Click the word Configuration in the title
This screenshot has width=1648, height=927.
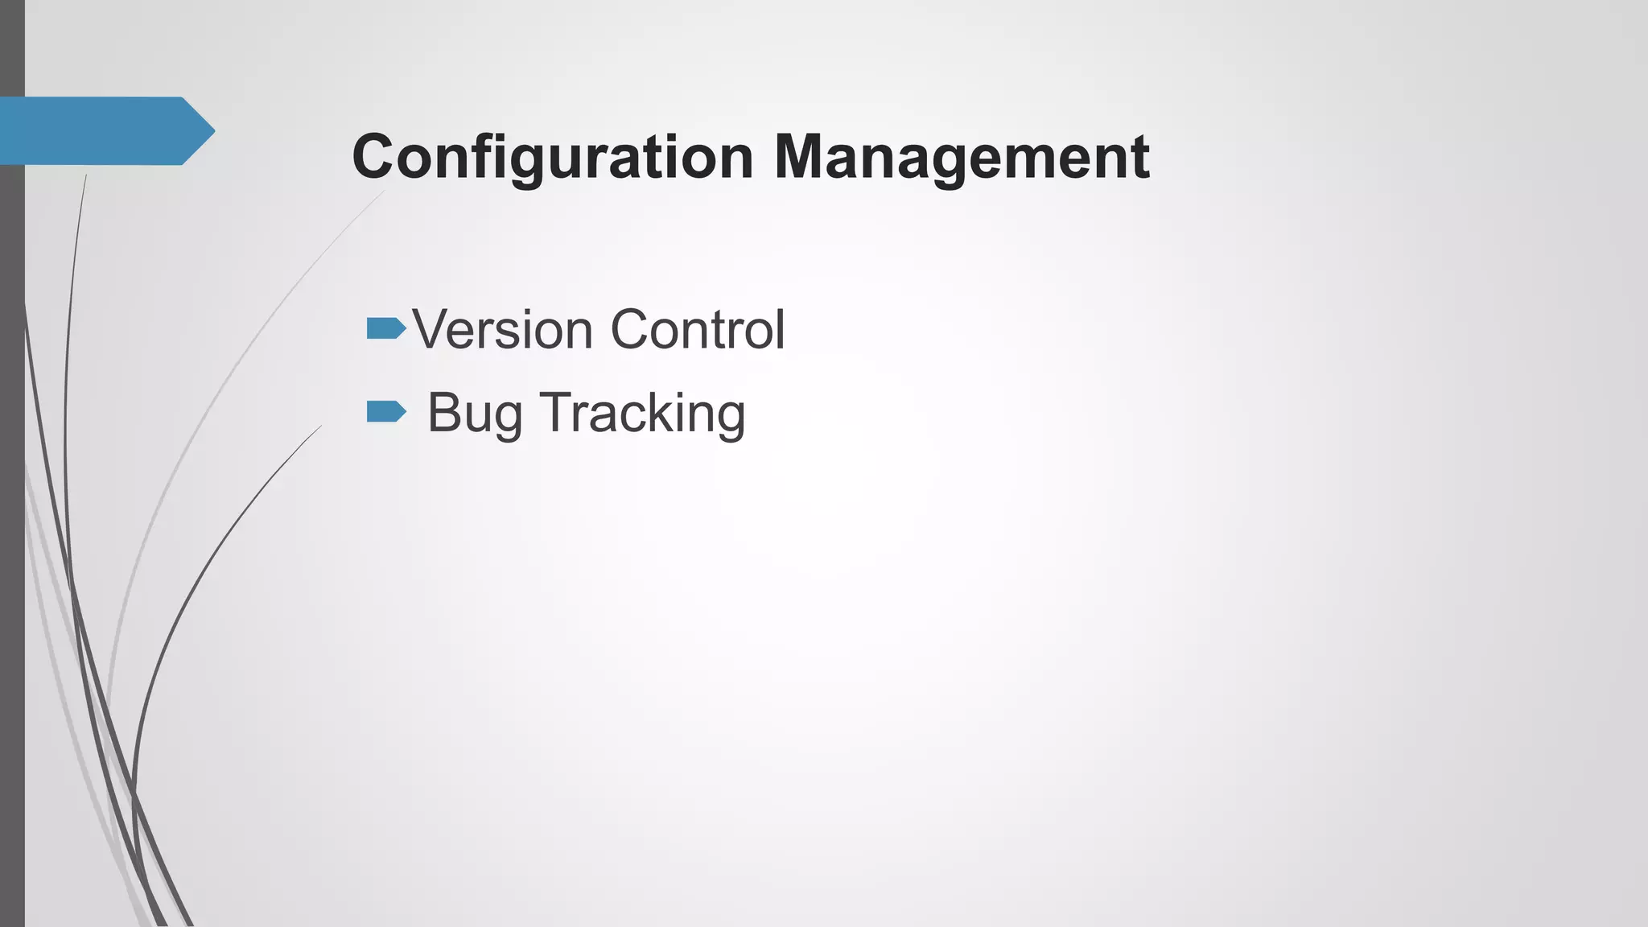coord(553,157)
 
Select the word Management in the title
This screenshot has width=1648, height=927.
coord(962,157)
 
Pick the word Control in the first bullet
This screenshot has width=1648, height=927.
coord(697,329)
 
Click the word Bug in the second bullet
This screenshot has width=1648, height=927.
coord(474,413)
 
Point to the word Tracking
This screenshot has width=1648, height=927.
coord(642,413)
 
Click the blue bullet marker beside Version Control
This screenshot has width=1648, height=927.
coord(386,328)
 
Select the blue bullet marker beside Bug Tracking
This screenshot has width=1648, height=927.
coord(386,412)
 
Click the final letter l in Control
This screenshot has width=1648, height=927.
coord(780,329)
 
